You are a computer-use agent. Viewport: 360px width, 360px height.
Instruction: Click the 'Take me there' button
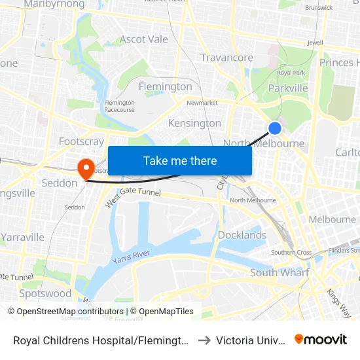(180, 160)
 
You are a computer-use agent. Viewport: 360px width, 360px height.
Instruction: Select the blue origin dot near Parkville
(276, 128)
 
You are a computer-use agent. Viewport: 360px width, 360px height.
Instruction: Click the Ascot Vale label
(144, 39)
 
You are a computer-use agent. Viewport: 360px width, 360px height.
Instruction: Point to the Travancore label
(226, 58)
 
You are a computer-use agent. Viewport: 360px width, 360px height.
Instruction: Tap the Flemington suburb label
(166, 86)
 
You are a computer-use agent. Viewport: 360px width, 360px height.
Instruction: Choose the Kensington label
(194, 123)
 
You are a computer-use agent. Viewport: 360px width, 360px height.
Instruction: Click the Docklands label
(242, 235)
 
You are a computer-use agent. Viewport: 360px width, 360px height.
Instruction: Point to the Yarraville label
(22, 237)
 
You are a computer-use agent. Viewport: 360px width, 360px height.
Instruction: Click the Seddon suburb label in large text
(60, 183)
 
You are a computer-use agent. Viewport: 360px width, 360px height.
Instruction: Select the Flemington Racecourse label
(119, 106)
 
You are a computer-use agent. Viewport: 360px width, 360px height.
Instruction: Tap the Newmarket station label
(202, 103)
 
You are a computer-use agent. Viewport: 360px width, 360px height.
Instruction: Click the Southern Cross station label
(291, 252)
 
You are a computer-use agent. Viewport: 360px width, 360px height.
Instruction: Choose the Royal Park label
(292, 73)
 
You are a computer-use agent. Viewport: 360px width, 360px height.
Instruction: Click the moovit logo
(321, 339)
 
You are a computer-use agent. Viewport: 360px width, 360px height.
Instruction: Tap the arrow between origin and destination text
(204, 340)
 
